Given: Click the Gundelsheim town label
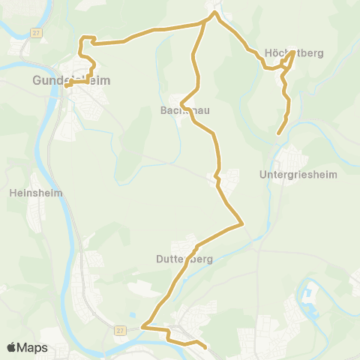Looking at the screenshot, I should coord(62,79).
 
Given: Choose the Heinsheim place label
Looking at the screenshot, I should coord(35,192).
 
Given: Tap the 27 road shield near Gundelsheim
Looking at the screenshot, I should coord(35,32).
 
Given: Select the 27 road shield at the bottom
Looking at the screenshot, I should coord(119,329).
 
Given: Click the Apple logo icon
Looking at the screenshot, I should coord(12,347).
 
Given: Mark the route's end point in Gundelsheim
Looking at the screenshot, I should coord(66,85).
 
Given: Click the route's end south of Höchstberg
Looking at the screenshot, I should coord(279,133).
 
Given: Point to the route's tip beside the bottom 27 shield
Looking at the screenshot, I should coord(142,326).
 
